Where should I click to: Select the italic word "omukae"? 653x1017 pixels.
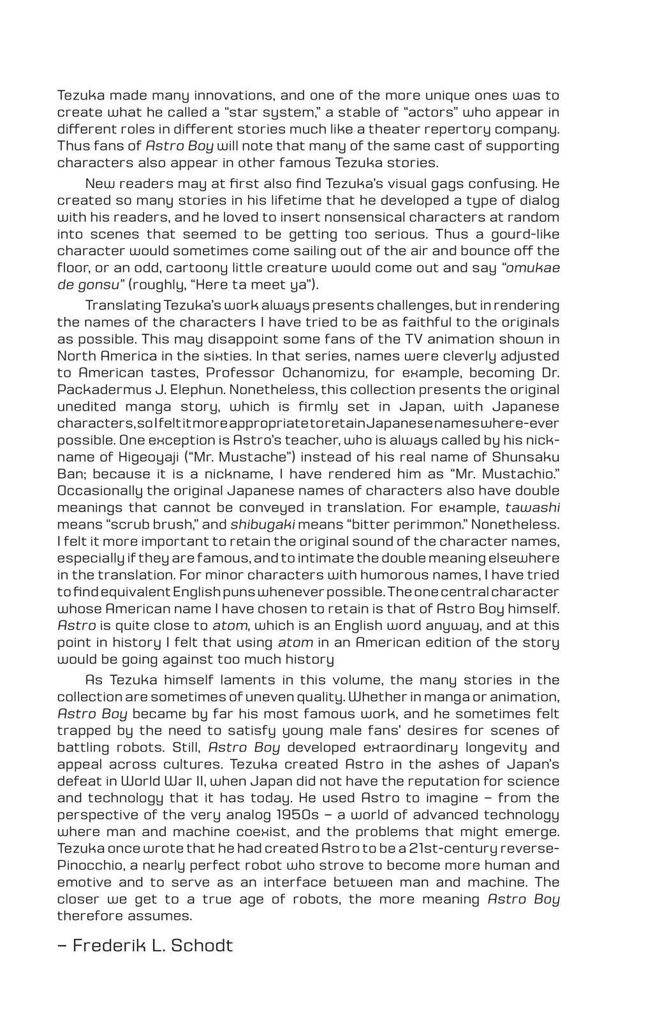tap(532, 268)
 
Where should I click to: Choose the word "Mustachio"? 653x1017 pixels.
tap(516, 474)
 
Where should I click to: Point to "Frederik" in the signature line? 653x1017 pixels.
tap(108, 945)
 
